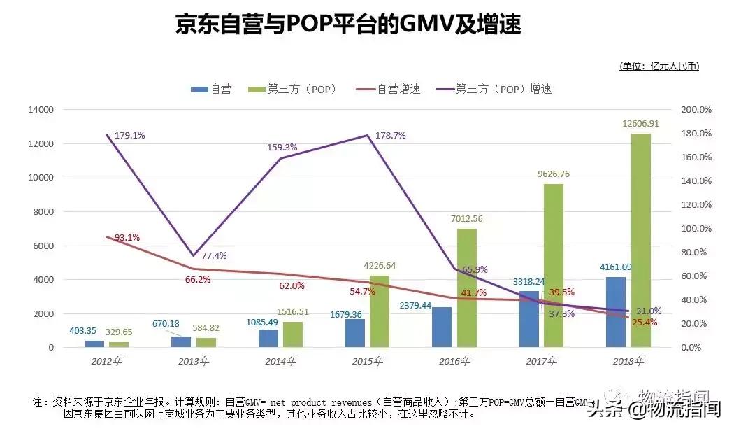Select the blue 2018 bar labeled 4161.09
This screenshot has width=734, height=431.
(616, 312)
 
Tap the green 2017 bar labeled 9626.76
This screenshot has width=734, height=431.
(554, 265)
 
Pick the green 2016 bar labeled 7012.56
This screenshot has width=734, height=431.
(467, 288)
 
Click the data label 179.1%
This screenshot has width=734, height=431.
(130, 135)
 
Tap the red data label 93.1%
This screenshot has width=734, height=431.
(127, 238)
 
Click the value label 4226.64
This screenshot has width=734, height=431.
(380, 266)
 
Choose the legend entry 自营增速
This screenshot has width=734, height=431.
(388, 89)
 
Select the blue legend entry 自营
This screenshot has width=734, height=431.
(211, 89)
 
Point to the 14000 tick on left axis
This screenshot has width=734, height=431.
(41, 110)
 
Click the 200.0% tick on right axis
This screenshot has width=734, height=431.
(696, 110)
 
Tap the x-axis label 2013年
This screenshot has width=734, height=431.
(194, 361)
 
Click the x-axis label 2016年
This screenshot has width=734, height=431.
(454, 361)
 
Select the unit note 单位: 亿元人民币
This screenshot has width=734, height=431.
(659, 66)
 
